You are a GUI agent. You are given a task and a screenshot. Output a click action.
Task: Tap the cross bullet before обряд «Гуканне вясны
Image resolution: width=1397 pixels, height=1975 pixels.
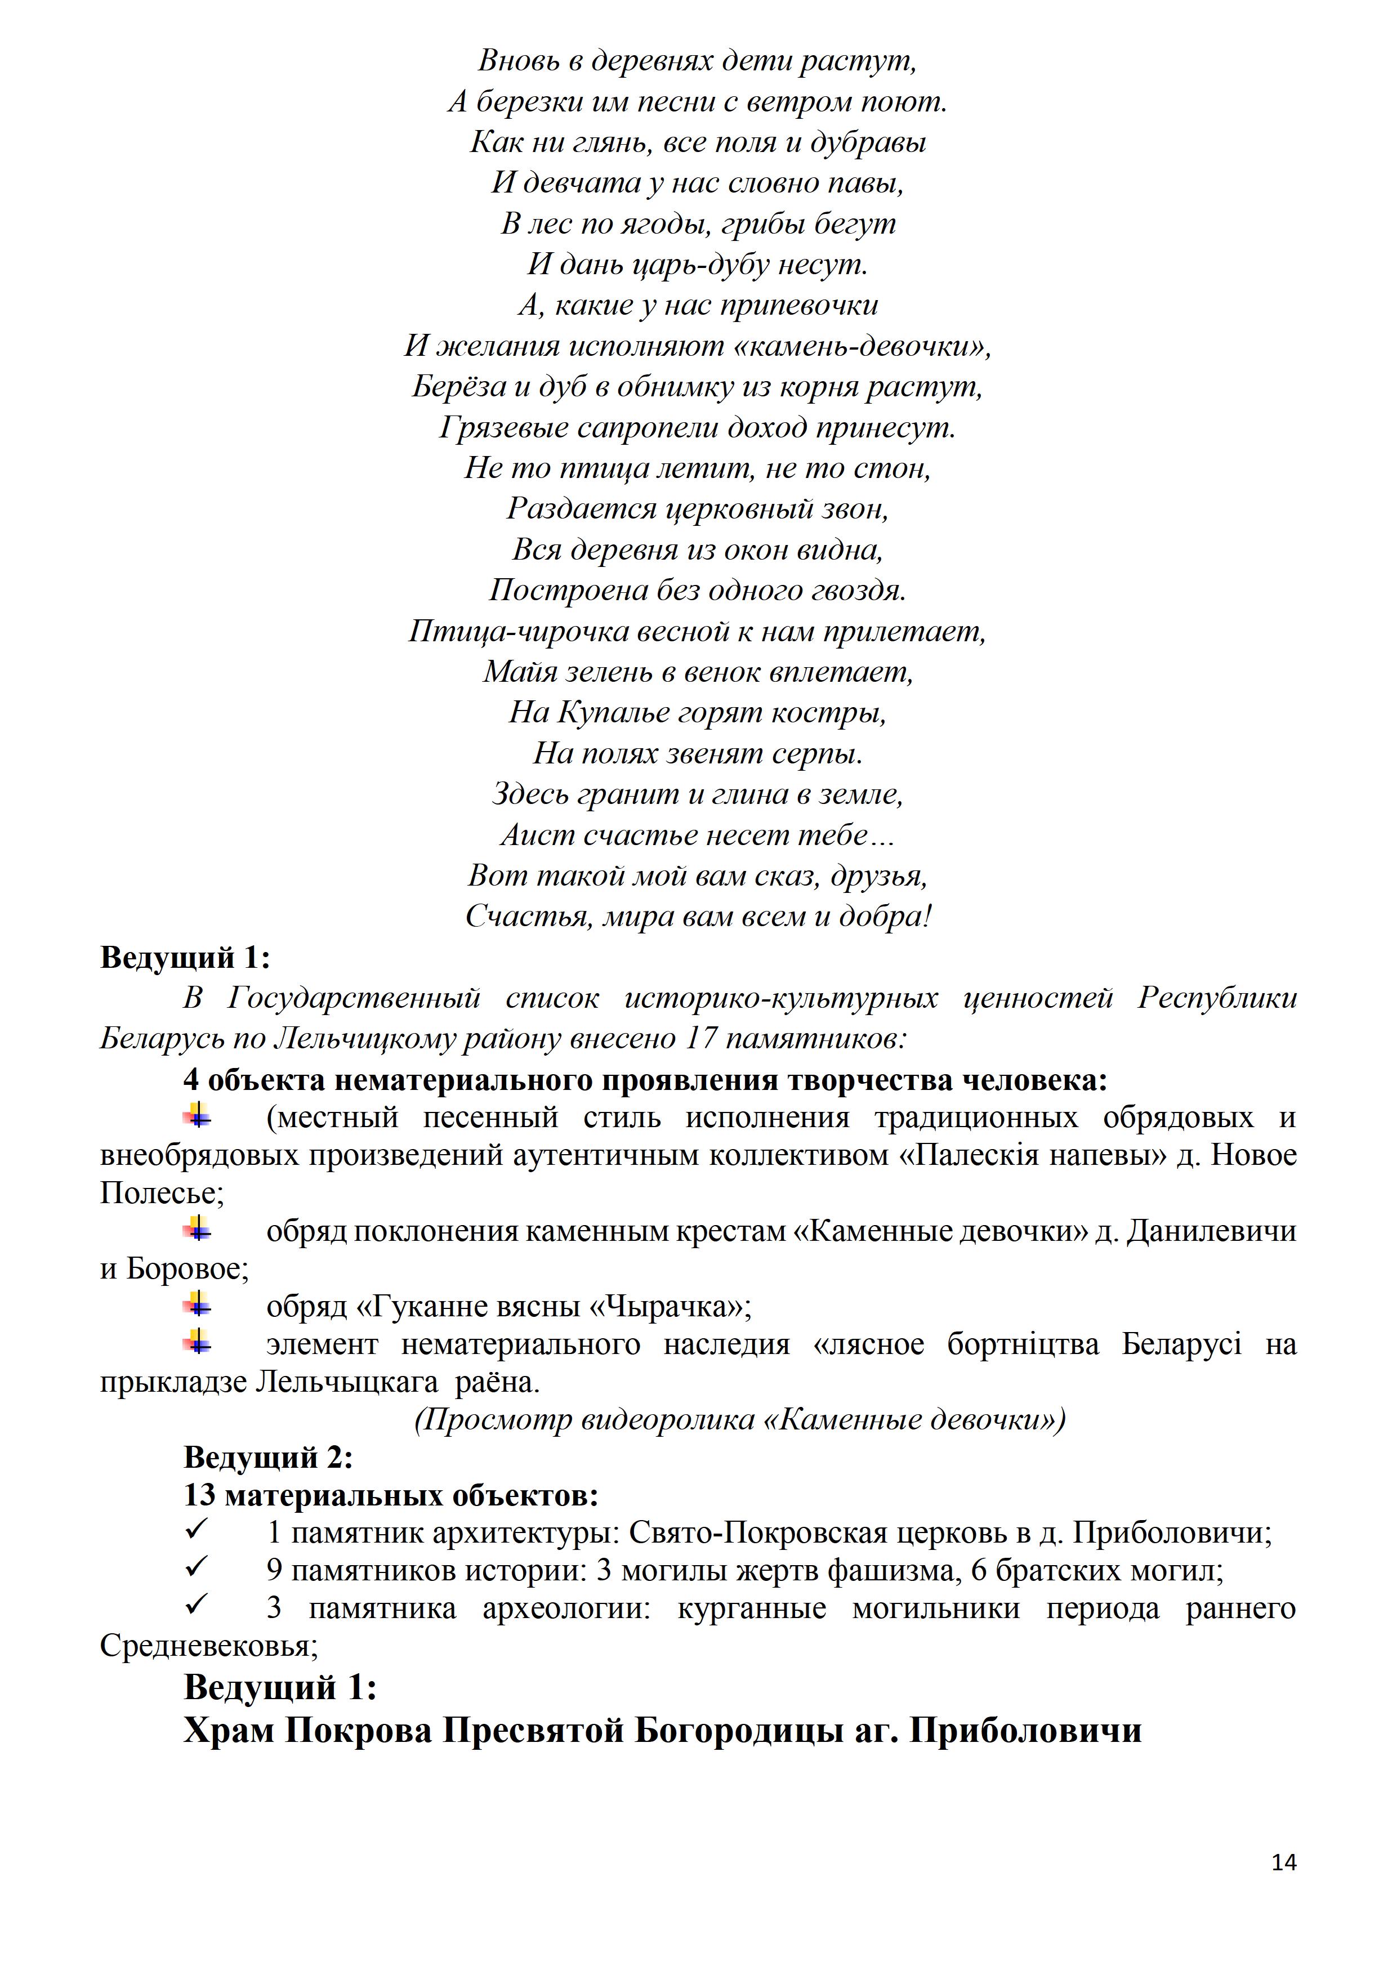[197, 1306]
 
